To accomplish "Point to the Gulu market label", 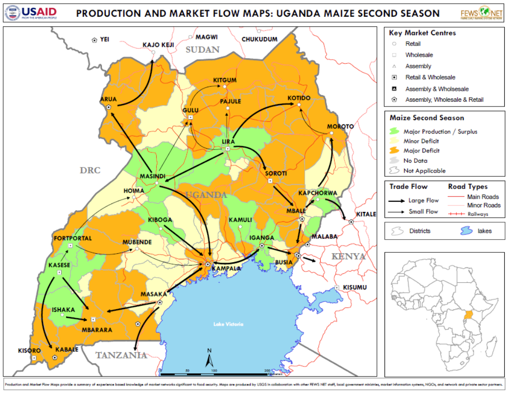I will click(x=191, y=110).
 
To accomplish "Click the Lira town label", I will click(x=228, y=142).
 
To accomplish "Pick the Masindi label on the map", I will click(x=153, y=176).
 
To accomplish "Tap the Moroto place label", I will click(x=337, y=127).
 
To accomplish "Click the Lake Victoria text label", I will click(x=228, y=324).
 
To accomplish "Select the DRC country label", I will click(x=90, y=170).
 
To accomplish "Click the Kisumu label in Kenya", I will click(x=354, y=287).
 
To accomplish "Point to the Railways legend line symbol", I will click(x=456, y=214).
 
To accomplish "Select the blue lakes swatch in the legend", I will click(x=467, y=231).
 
